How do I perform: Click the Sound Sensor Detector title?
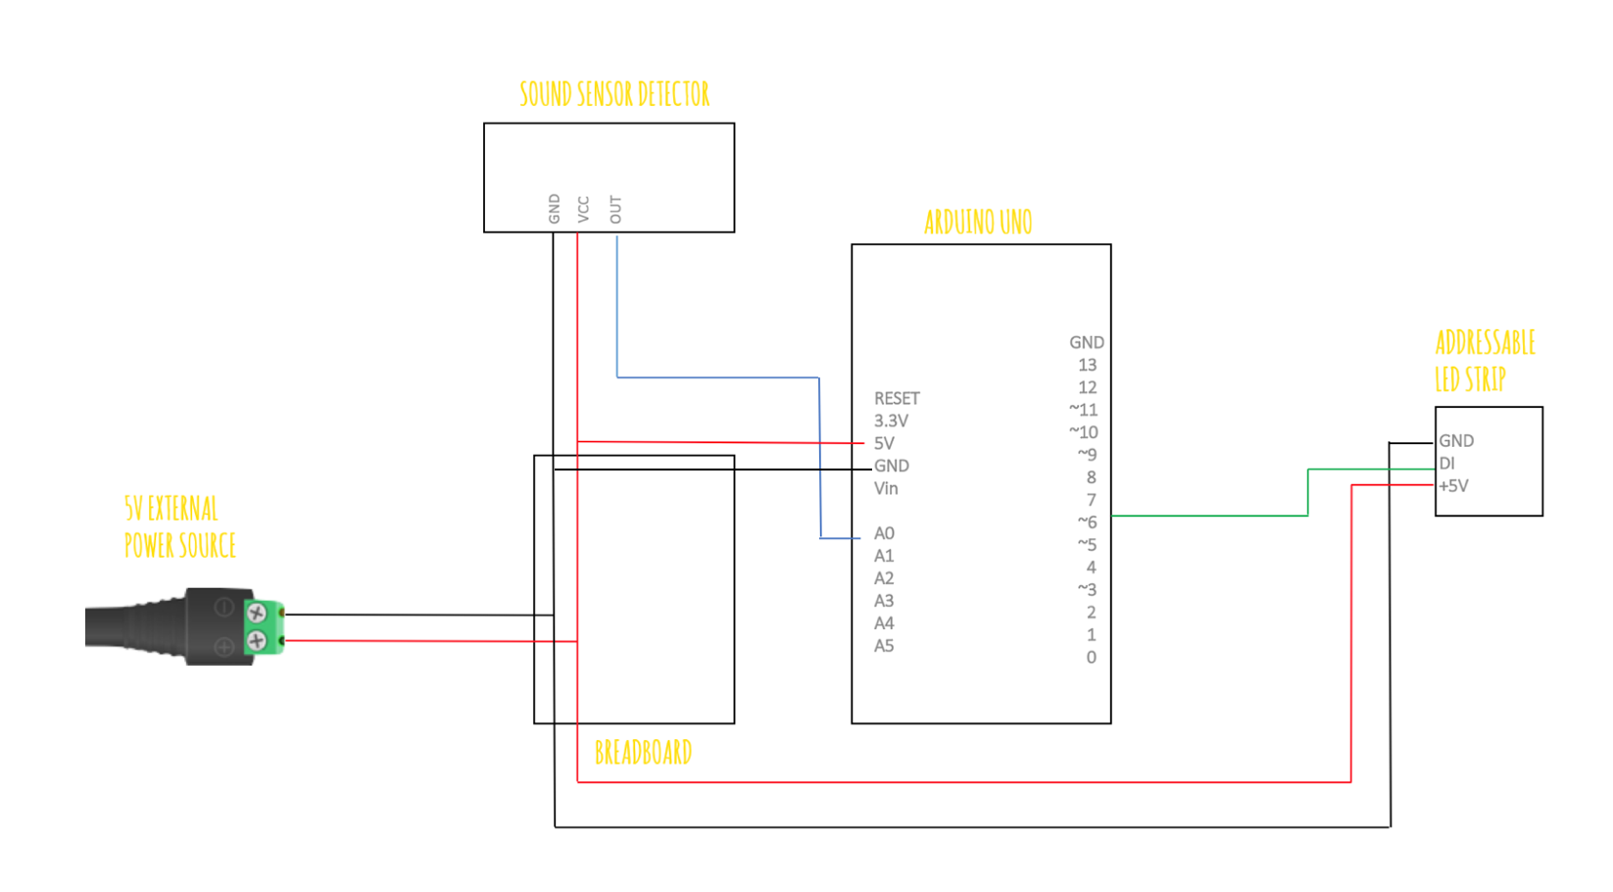click(613, 94)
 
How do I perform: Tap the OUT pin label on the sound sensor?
click(615, 209)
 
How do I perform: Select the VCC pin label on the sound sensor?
click(584, 209)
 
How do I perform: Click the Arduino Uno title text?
click(978, 223)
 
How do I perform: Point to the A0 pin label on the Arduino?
click(884, 533)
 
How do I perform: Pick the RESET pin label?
click(897, 398)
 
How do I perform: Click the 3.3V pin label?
click(891, 421)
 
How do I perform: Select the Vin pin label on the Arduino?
click(886, 488)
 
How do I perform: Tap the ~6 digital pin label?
click(1087, 521)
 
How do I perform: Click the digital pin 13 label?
click(1087, 365)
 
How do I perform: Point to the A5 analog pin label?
click(884, 646)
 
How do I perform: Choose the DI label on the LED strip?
click(1446, 464)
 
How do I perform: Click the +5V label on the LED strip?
click(1453, 486)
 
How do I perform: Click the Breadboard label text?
click(643, 753)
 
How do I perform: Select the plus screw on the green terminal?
click(257, 641)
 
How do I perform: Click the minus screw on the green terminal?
click(257, 614)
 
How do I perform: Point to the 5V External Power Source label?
click(179, 527)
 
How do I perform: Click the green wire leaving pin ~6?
click(1209, 516)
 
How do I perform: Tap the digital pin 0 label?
click(1091, 658)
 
